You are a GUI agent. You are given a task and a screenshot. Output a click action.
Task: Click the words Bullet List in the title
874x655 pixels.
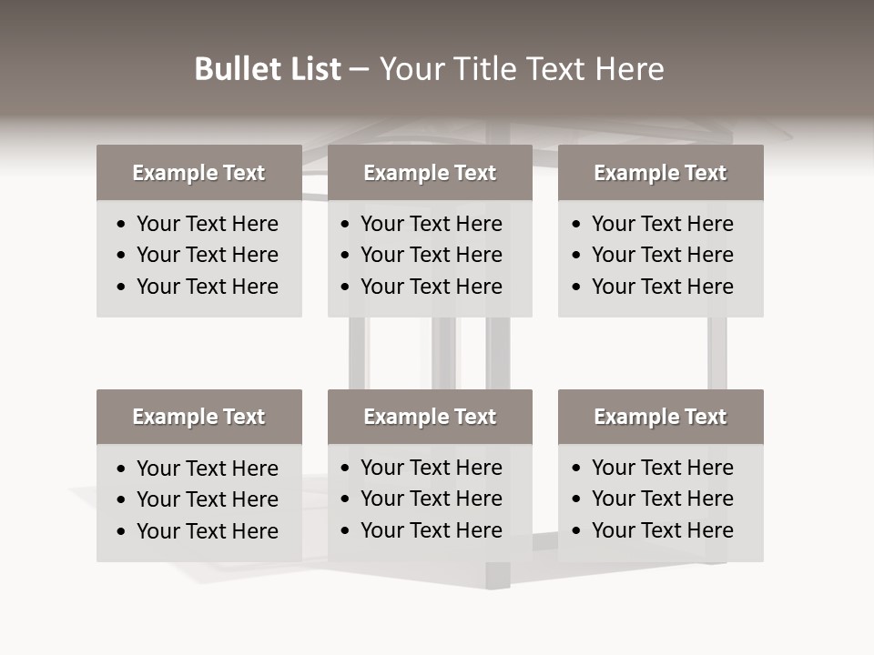pyautogui.click(x=268, y=69)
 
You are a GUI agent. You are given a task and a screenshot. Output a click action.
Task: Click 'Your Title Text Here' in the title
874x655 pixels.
pyautogui.click(x=521, y=69)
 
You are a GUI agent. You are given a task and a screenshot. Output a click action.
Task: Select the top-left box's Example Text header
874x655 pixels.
pyautogui.click(x=198, y=173)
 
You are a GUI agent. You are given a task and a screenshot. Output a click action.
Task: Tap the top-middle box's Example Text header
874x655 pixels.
pyautogui.click(x=430, y=173)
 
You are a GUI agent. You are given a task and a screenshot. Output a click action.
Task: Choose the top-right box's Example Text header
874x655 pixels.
pyautogui.click(x=660, y=173)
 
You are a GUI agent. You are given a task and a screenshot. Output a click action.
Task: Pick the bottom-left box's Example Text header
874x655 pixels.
pyautogui.click(x=198, y=417)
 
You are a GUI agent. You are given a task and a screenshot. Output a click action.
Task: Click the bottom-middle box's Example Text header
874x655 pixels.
pyautogui.click(x=430, y=417)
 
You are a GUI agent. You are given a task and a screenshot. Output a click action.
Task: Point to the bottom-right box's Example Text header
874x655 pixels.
pyautogui.click(x=660, y=417)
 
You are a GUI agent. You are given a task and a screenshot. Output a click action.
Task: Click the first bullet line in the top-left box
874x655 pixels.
pyautogui.click(x=207, y=224)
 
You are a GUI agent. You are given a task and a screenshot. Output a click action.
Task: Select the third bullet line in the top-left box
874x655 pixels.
pyautogui.click(x=207, y=287)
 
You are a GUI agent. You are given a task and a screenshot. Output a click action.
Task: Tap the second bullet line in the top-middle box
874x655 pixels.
pyautogui.click(x=431, y=255)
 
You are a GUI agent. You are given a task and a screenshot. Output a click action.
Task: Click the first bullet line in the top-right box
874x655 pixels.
pyautogui.click(x=662, y=224)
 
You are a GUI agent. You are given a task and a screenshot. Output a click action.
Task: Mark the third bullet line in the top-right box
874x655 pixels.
pyautogui.click(x=662, y=287)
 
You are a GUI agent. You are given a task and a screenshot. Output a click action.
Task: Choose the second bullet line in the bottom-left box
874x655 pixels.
pyautogui.click(x=207, y=499)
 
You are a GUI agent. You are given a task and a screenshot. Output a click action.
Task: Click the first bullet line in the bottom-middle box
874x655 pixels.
pyautogui.click(x=431, y=468)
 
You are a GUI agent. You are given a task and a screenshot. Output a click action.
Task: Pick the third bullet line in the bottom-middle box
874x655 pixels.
pyautogui.click(x=431, y=530)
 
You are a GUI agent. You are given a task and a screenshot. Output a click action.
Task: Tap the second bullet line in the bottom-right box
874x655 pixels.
pyautogui.click(x=662, y=499)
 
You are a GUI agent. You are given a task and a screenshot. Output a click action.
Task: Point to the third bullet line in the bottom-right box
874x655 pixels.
pyautogui.click(x=662, y=530)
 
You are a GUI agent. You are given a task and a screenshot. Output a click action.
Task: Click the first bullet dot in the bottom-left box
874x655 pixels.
pyautogui.click(x=122, y=469)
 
